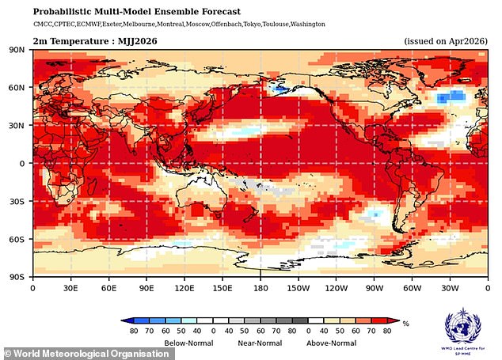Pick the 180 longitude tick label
click(260, 288)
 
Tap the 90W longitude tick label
click(374, 288)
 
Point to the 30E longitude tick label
click(70, 288)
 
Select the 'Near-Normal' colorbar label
click(259, 343)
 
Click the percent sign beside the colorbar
click(405, 324)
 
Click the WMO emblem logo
click(461, 326)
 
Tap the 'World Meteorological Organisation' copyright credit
click(88, 353)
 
